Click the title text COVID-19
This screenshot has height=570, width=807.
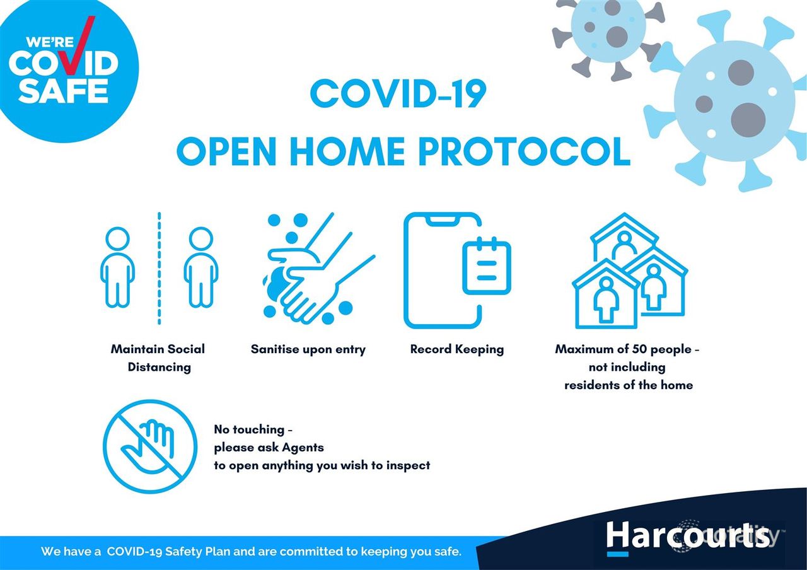(x=398, y=94)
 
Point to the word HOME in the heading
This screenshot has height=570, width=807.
(x=347, y=151)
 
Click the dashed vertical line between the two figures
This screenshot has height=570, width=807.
(x=160, y=269)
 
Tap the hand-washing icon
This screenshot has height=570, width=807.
(x=319, y=269)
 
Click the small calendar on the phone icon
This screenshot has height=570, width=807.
(x=487, y=265)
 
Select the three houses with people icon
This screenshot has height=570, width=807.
(x=630, y=270)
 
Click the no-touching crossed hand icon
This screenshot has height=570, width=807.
(x=150, y=446)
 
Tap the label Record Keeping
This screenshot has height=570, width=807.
(x=457, y=349)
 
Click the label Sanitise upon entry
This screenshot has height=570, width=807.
(x=308, y=349)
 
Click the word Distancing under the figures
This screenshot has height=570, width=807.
(x=160, y=367)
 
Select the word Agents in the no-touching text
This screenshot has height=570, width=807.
(x=303, y=448)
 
